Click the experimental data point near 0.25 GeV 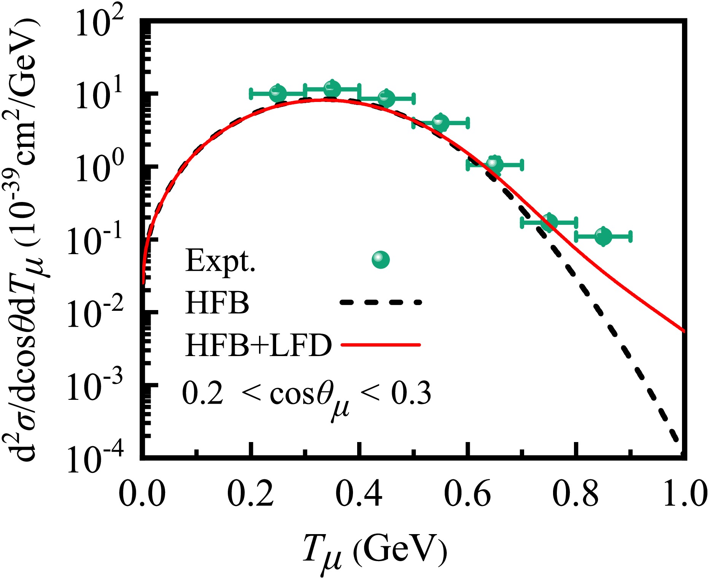[278, 93]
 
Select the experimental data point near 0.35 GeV [332, 89]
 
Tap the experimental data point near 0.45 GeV [386, 99]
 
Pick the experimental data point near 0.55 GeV [440, 122]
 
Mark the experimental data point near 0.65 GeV [495, 165]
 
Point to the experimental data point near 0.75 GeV [549, 222]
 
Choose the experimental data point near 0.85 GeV [603, 236]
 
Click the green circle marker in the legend [381, 260]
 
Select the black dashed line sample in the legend [381, 302]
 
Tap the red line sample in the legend [381, 345]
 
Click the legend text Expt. [220, 261]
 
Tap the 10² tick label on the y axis [100, 24]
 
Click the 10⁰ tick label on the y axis [100, 168]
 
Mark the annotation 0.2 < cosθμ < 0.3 [307, 396]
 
